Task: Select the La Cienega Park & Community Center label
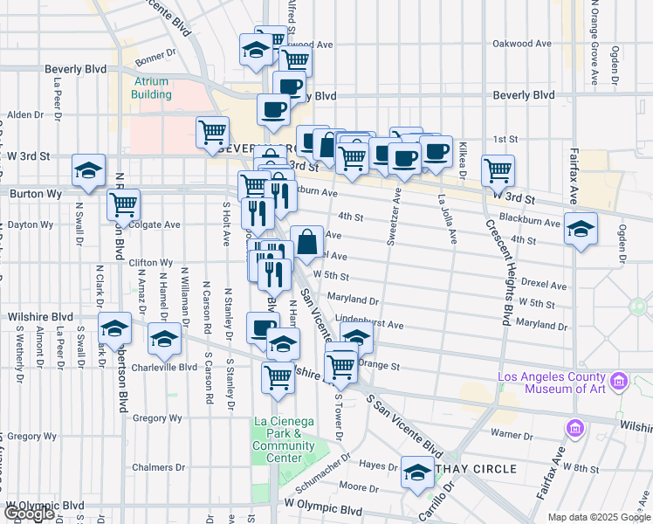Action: point(284,439)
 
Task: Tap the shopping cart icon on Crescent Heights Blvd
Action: point(498,169)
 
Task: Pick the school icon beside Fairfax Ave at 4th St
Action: point(581,229)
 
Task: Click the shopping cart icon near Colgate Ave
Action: point(123,203)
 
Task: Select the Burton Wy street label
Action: point(28,193)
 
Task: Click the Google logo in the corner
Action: point(28,514)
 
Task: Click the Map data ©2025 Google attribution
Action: point(599,517)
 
